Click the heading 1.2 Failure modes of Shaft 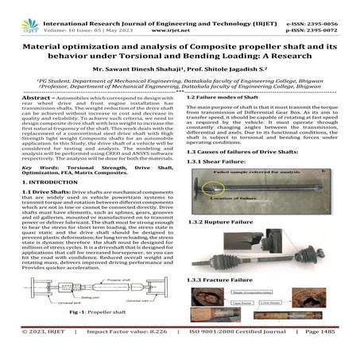(x=219, y=118)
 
